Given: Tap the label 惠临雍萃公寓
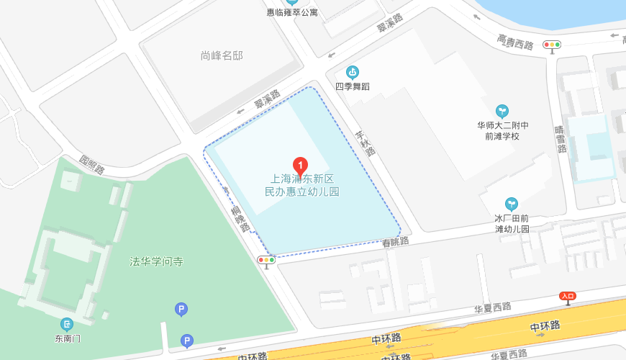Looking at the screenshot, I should [292, 12].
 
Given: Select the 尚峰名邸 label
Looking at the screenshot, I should [222, 55].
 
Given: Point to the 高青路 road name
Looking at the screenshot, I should [515, 42].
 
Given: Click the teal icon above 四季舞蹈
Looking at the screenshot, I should [352, 71].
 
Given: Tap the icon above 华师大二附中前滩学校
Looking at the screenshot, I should [502, 111].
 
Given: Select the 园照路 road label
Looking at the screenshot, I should [92, 165].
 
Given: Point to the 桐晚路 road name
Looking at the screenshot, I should [240, 218].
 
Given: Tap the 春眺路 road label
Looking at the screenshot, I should [396, 242].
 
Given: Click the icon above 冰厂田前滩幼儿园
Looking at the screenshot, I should [512, 204].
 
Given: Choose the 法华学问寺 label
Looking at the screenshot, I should [156, 261].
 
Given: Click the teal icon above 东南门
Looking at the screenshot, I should [67, 324].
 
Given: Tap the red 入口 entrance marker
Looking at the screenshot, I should [568, 296].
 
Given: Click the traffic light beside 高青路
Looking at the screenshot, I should [552, 45].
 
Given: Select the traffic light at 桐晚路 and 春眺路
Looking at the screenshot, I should [266, 259].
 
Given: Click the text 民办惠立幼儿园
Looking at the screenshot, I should [302, 192].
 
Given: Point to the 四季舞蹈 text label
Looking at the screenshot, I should [353, 86].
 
